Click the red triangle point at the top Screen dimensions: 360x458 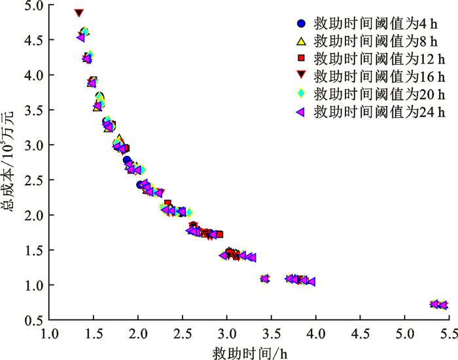click(x=79, y=13)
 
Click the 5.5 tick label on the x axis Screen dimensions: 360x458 click(x=449, y=333)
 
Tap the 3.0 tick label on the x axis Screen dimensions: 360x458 click(x=226, y=333)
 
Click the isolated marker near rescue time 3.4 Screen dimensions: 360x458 click(x=265, y=279)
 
